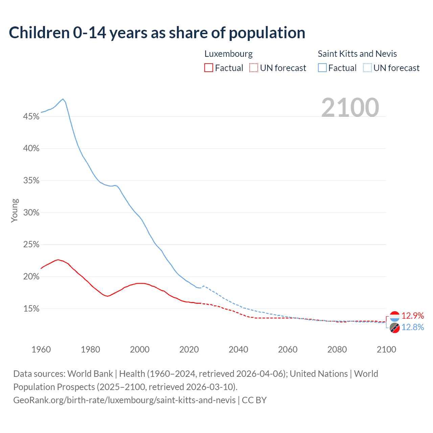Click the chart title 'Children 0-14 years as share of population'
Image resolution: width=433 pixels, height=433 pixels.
[x=157, y=33]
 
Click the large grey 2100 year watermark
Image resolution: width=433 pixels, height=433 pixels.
[x=350, y=108]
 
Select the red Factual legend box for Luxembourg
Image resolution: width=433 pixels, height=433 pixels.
[x=209, y=68]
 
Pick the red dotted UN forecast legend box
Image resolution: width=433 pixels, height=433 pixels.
[x=254, y=68]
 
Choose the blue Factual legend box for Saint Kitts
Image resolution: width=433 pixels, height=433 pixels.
[x=322, y=68]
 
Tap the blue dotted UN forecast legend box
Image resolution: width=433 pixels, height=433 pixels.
[x=367, y=68]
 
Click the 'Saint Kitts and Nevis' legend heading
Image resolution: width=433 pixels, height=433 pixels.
[x=357, y=54]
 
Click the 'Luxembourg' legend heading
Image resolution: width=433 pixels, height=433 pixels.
[x=228, y=54]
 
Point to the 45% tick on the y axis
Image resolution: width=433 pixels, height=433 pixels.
[x=31, y=117]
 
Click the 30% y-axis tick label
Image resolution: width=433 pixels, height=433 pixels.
[x=31, y=213]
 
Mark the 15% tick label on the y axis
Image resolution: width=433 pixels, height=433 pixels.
[x=31, y=309]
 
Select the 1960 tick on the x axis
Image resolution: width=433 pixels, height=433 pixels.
[x=41, y=349]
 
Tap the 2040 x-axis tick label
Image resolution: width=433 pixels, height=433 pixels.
[x=238, y=349]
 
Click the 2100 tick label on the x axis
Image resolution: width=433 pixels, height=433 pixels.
[x=386, y=349]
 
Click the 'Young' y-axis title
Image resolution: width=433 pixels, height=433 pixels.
[x=14, y=210]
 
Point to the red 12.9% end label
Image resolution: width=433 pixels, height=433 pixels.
[x=413, y=316]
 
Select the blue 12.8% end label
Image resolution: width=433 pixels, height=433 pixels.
[x=413, y=327]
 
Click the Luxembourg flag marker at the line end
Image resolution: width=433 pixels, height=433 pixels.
[x=395, y=316]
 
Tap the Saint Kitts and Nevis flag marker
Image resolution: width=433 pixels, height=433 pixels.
[x=395, y=328]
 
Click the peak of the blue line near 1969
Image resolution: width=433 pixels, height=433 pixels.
[x=63, y=99]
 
